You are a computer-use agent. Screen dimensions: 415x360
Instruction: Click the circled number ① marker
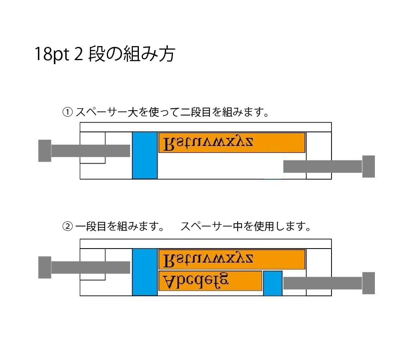67,112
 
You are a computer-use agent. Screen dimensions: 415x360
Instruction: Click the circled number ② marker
67,227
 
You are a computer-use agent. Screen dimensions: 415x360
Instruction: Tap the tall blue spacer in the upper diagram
144,155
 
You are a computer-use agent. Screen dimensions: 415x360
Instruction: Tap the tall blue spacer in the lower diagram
144,272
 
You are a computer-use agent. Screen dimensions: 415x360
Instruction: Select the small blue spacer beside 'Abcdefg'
273,283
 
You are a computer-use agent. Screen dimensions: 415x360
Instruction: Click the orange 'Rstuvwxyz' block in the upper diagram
232,143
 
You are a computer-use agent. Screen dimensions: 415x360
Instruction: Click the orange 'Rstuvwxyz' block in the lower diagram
232,259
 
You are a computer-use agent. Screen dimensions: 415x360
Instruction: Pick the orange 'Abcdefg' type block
210,281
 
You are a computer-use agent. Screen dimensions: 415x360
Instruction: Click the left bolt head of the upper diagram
45,151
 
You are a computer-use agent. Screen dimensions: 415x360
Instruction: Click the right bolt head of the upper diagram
368,166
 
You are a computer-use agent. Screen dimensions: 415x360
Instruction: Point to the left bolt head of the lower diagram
45,267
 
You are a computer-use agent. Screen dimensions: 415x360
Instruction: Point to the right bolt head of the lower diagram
368,283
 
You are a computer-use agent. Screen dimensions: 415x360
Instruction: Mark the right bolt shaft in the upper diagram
322,166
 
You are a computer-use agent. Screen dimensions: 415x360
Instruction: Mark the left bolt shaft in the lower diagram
90,267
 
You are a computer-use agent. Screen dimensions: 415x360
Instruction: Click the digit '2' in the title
79,55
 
